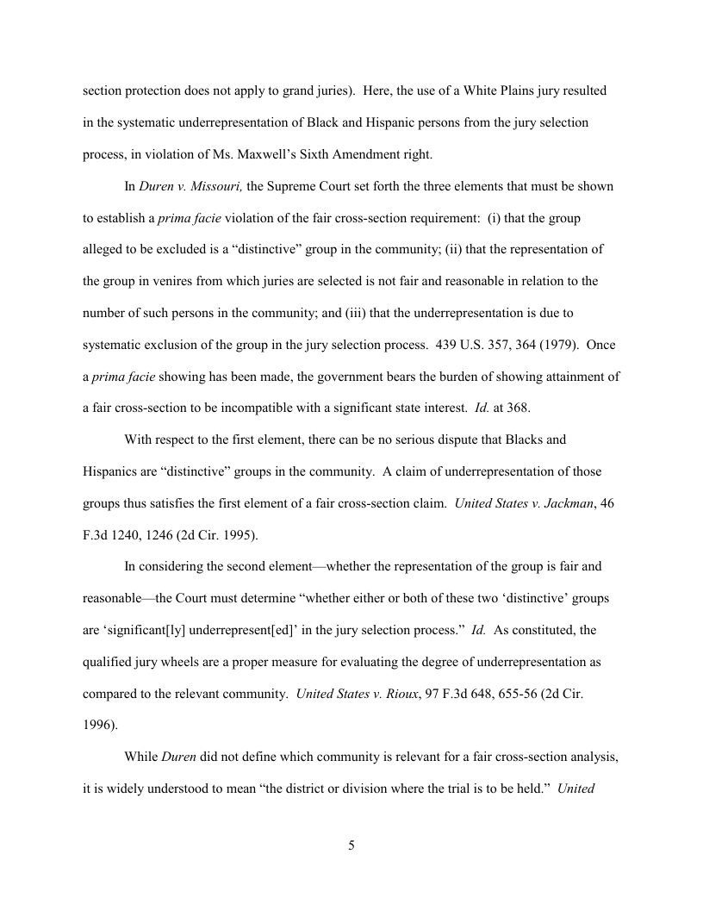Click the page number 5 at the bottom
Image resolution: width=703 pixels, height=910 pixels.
point(351,845)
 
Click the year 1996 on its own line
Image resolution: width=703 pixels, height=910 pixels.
point(100,726)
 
